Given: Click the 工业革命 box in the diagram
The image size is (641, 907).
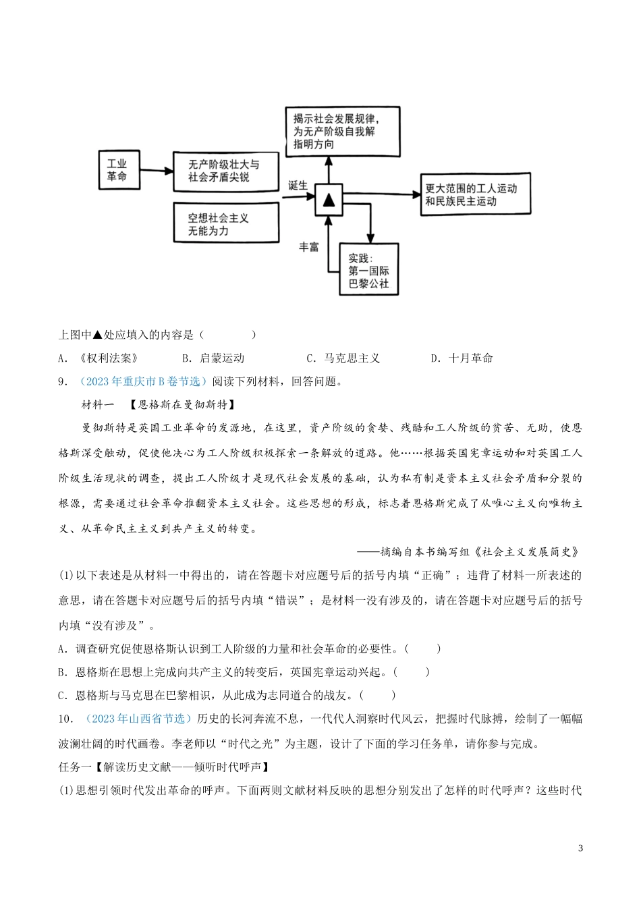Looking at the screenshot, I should [x=119, y=170].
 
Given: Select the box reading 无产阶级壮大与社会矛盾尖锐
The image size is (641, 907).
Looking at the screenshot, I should [x=225, y=170].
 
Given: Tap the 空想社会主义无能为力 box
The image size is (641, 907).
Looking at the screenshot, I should [x=225, y=224].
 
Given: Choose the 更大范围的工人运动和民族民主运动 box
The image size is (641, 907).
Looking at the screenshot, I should [x=475, y=195].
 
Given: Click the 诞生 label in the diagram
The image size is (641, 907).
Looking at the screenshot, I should [x=298, y=186].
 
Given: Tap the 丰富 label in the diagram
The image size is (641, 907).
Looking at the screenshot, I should [x=308, y=247].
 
